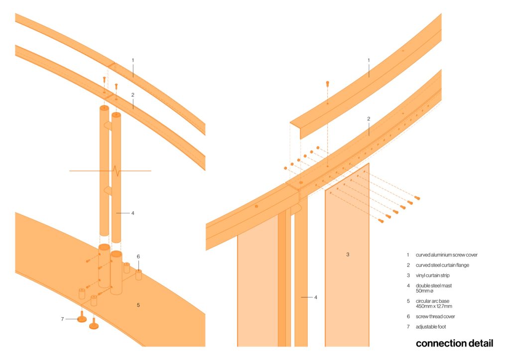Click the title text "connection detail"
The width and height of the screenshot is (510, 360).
coord(454,344)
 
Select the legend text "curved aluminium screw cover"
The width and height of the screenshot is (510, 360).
coord(447,255)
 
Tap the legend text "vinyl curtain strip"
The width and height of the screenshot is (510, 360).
coord(433,275)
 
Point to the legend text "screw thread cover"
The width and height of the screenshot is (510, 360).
coord(435,316)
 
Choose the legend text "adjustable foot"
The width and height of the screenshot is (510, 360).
coord(431,327)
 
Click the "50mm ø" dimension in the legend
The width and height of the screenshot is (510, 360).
coord(424,291)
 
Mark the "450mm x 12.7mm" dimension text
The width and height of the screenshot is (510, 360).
coord(434,306)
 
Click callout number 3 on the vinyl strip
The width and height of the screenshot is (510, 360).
coord(348,254)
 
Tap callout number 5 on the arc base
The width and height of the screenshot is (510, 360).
coord(138,305)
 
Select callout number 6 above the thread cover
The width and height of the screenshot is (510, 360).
coord(138,256)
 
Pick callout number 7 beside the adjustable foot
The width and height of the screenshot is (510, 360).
coord(62,319)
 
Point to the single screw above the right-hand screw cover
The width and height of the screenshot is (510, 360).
coord(328,84)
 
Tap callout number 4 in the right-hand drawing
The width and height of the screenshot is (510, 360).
coord(315,297)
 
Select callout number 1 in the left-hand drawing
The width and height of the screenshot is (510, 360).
coord(132,60)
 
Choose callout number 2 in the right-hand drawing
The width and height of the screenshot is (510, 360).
coord(369,119)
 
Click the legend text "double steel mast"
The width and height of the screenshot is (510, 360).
coord(434,285)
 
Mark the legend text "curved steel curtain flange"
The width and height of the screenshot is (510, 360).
coord(442,265)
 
